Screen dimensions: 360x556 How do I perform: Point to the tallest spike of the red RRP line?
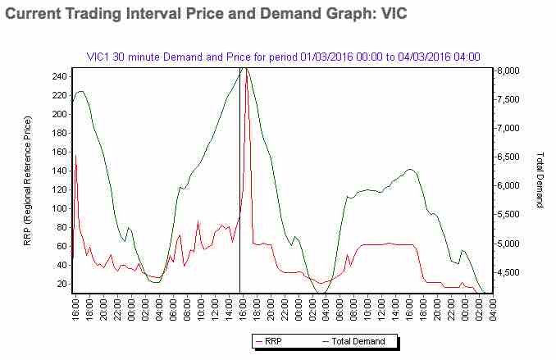pos(247,72)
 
